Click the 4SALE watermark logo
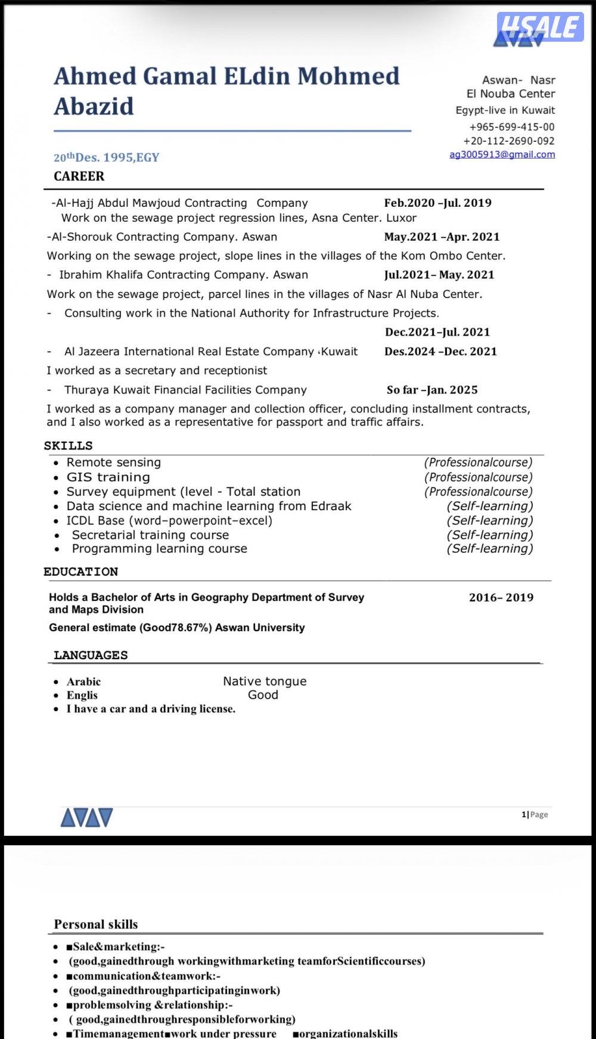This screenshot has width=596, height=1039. (540, 27)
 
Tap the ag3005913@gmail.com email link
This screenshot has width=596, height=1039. (502, 154)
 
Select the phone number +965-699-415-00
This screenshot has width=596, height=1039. (511, 127)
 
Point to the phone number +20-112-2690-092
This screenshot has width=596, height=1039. (508, 141)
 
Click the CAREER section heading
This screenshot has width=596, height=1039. (79, 176)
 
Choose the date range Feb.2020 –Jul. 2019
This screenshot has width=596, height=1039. (437, 203)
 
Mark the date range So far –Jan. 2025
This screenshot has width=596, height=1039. (432, 390)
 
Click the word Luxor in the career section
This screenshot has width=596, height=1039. (401, 218)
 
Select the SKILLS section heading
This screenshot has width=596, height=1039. (68, 446)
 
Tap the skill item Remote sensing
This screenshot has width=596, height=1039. (113, 463)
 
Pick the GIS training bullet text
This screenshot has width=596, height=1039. (108, 477)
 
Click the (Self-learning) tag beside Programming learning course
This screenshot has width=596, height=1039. (489, 548)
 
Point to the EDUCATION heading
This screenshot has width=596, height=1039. (80, 572)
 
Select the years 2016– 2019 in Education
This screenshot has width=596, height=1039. (501, 597)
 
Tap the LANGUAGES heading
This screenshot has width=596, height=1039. (91, 655)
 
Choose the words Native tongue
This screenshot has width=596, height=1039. (265, 681)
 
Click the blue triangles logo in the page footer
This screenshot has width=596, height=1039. (86, 818)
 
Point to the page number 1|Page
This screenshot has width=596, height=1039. (535, 814)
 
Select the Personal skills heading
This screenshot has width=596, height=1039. (96, 925)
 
